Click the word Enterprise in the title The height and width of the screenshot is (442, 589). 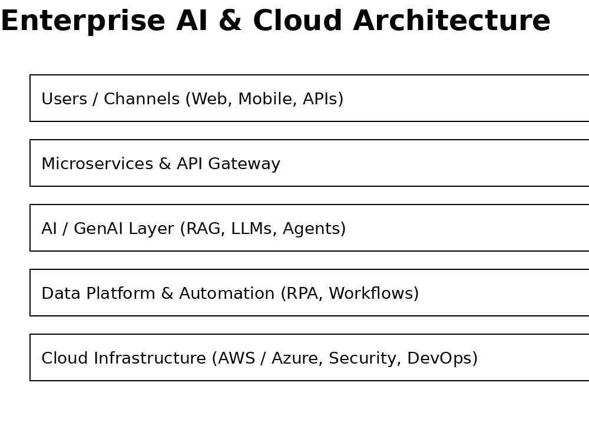point(83,22)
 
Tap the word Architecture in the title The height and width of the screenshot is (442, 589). point(452,21)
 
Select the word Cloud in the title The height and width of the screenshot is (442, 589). point(297,21)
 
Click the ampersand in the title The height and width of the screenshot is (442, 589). point(230,21)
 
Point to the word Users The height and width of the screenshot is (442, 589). point(64,99)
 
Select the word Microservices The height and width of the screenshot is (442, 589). point(97,163)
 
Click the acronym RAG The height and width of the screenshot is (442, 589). point(203,229)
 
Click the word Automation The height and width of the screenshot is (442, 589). point(227,293)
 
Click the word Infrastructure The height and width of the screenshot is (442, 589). point(150,358)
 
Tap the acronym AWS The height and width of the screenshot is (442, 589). point(237,358)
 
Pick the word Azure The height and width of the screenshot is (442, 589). point(295,358)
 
